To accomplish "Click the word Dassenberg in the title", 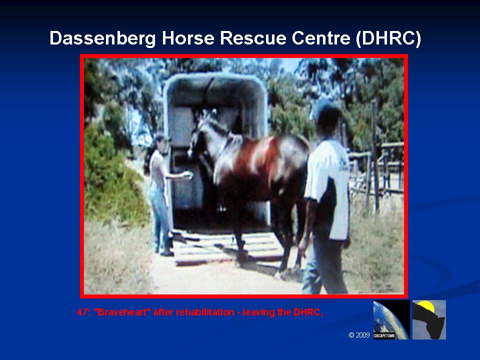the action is (102, 38).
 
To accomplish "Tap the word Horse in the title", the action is (187, 38).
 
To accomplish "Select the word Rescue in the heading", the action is (253, 38).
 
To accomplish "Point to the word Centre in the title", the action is (321, 38).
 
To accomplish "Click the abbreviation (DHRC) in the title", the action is (388, 38).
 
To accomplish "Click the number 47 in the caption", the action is (82, 312).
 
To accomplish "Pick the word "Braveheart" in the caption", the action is (122, 312).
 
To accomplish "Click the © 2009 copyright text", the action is (359, 335).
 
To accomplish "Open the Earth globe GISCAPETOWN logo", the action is (391, 319).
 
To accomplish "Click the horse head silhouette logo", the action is (429, 319).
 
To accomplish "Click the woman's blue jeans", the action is (160, 217).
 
